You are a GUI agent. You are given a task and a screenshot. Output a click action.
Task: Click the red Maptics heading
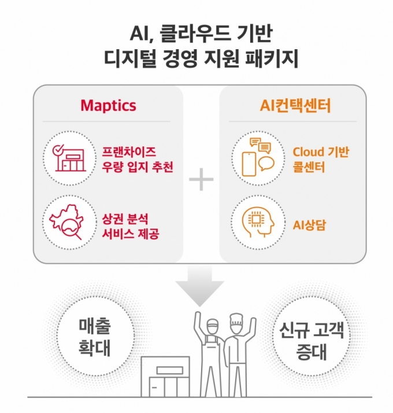(x=108, y=106)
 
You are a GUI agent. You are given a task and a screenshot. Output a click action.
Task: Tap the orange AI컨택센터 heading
(x=295, y=106)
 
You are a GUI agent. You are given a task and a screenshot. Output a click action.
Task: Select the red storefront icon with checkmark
(x=69, y=158)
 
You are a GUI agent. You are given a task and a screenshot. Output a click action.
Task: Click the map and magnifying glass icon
(x=66, y=222)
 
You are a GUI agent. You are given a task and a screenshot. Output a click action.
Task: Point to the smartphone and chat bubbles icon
(x=258, y=157)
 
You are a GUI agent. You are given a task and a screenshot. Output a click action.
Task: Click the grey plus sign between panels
(x=201, y=179)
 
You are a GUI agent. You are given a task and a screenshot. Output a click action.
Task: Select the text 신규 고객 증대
(x=312, y=341)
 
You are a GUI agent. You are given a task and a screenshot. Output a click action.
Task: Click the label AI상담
(x=309, y=224)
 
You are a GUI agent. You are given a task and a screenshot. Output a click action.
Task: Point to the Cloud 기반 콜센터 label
(x=321, y=160)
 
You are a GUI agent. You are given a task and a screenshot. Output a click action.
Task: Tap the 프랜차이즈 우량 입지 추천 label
(x=138, y=159)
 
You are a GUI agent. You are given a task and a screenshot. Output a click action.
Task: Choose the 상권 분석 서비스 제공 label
(x=131, y=226)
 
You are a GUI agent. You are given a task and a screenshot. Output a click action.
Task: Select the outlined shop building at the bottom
(x=165, y=377)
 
